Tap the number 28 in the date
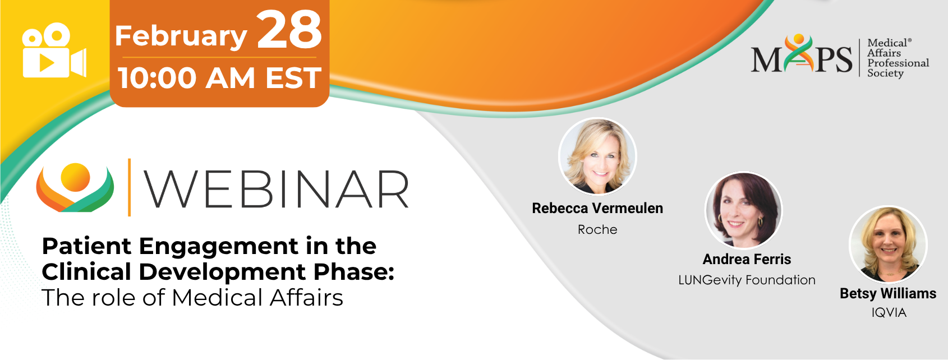coord(289,30)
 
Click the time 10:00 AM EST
coord(220,78)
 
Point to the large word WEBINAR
coord(277,189)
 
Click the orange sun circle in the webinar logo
coord(75,177)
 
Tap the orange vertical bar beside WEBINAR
coord(129,187)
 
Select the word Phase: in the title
coord(354,271)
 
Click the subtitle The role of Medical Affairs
coord(192,297)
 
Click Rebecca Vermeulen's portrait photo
coord(597,156)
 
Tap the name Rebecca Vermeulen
coord(597,208)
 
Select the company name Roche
coord(597,229)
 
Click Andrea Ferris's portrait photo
coord(744,210)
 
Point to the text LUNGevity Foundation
coord(747,280)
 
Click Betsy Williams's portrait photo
coord(888,244)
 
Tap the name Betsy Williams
coord(888,293)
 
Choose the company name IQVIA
coord(889,313)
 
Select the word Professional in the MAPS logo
coord(898,63)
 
